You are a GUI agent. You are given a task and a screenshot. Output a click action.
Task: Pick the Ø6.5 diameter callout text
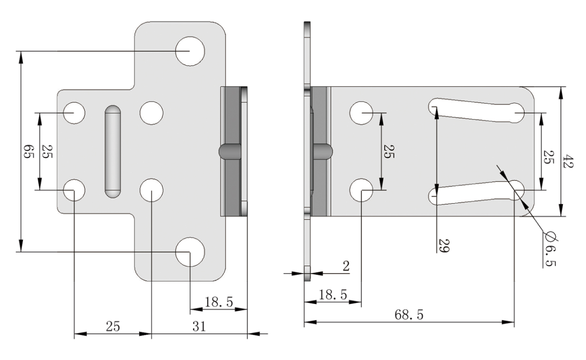click(x=550, y=249)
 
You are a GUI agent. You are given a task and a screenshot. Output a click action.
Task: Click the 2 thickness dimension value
click(x=346, y=266)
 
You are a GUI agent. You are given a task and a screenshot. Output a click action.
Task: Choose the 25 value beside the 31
click(x=113, y=326)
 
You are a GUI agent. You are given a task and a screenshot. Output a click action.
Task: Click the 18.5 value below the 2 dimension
click(x=332, y=294)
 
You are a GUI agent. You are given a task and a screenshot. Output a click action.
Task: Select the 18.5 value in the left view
click(x=218, y=303)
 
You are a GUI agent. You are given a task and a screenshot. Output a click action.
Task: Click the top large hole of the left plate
click(x=190, y=51)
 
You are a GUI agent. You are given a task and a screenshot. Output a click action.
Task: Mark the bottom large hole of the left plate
click(x=190, y=252)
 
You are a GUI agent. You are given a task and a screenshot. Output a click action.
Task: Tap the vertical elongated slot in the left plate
click(x=113, y=151)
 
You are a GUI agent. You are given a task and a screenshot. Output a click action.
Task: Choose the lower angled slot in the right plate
click(x=475, y=194)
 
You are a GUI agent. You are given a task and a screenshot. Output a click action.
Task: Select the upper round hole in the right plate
click(x=361, y=113)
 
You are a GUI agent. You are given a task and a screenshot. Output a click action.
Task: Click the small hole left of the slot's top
click(x=74, y=113)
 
